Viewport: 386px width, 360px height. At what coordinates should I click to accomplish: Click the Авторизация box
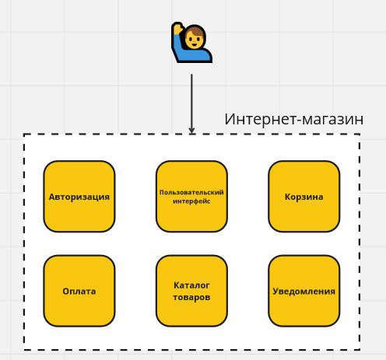[x=79, y=197]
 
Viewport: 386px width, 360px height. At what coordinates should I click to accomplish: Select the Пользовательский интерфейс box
[x=191, y=197]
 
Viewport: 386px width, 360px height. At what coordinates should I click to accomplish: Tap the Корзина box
[x=304, y=197]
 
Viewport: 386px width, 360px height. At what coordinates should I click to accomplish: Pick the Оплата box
[x=79, y=291]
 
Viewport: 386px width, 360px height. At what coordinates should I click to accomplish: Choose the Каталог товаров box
[x=191, y=291]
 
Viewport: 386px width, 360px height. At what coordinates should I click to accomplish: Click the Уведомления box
[x=304, y=291]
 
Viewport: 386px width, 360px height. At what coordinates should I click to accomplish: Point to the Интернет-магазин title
[x=294, y=120]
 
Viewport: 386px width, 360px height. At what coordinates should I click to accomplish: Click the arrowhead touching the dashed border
[x=191, y=131]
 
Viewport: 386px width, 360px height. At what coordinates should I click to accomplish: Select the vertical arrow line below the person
[x=191, y=104]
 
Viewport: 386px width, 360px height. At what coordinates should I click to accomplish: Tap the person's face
[x=195, y=40]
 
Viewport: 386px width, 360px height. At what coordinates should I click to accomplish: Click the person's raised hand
[x=177, y=28]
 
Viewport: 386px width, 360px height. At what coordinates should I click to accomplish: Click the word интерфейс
[x=191, y=201]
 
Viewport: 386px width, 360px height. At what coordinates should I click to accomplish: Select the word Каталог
[x=191, y=285]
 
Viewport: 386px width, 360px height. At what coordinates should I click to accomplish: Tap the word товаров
[x=191, y=297]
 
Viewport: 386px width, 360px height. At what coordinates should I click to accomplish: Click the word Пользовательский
[x=191, y=193]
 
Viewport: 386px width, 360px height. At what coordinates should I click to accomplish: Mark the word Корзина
[x=304, y=197]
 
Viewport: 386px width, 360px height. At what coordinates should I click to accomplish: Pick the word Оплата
[x=79, y=292]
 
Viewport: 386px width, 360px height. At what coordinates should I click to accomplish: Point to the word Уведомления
[x=304, y=292]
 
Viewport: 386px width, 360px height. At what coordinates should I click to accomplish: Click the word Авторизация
[x=79, y=197]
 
